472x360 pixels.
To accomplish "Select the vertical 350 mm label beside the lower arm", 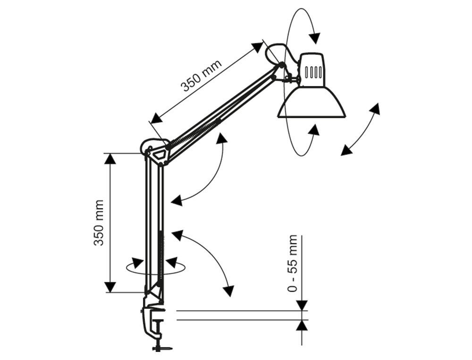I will (99, 222).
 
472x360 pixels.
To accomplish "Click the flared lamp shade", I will (312, 103).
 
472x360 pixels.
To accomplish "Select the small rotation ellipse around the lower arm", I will (156, 268).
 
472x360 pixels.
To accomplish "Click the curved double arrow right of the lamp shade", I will (361, 129).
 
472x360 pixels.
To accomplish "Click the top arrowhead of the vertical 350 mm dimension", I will (110, 159).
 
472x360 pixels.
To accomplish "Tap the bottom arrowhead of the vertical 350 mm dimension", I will (110, 287).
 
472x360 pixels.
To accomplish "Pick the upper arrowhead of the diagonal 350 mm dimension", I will (258, 47).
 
